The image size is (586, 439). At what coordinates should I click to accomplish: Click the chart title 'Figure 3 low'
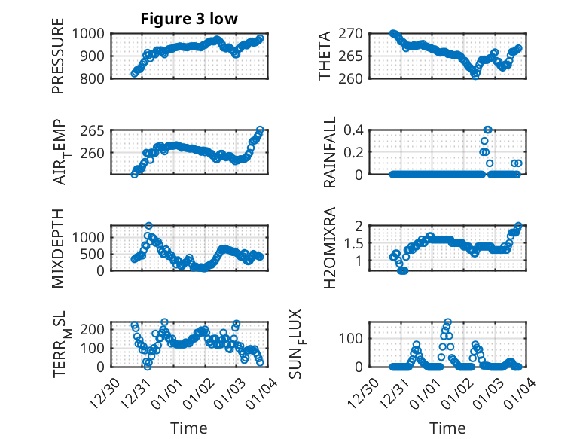click(189, 19)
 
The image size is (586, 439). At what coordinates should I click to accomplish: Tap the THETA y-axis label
click(325, 55)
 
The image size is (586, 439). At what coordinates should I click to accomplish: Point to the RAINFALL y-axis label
click(329, 152)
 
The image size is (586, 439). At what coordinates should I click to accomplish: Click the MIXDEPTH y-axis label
click(58, 248)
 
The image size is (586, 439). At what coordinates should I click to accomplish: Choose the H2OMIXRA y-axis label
click(329, 248)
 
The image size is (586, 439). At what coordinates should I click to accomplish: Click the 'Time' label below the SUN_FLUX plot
click(447, 428)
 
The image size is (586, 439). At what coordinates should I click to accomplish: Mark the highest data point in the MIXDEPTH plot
click(149, 226)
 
